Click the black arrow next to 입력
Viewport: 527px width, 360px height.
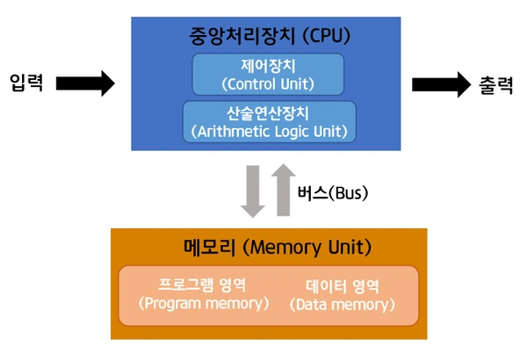(85, 83)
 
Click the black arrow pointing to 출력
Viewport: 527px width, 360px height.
(442, 83)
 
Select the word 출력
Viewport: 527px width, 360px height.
(498, 83)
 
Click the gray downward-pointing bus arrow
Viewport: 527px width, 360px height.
(253, 191)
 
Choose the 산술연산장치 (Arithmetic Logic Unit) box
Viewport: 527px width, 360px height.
(269, 121)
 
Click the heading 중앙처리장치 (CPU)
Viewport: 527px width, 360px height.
(269, 36)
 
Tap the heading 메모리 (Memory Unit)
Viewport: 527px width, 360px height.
(269, 247)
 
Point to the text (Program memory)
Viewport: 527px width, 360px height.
(203, 304)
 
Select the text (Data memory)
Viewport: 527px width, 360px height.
(343, 305)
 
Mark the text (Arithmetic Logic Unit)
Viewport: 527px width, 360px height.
(269, 131)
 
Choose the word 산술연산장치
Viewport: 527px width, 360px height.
(269, 112)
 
